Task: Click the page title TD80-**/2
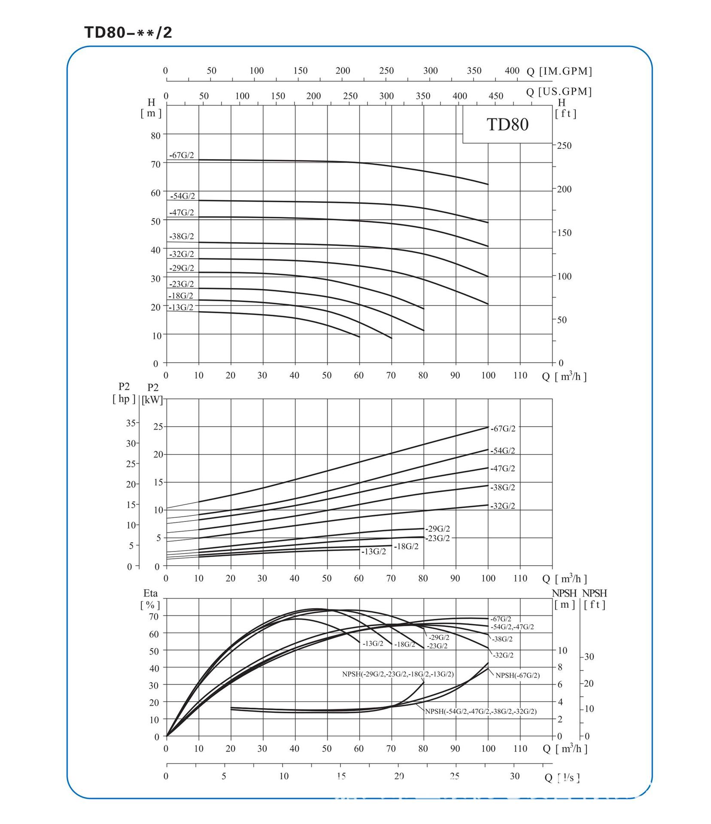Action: click(x=128, y=33)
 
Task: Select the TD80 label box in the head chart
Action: click(x=507, y=124)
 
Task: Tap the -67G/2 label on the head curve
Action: click(x=182, y=155)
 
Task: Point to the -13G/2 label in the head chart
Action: click(x=181, y=307)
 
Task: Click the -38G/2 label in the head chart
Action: click(x=182, y=236)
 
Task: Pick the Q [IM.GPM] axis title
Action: click(x=559, y=71)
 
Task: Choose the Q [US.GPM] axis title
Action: click(x=559, y=92)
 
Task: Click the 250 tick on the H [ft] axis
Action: click(x=564, y=146)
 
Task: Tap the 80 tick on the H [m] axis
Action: click(x=155, y=136)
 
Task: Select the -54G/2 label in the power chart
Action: click(x=503, y=451)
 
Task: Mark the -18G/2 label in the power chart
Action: click(x=406, y=546)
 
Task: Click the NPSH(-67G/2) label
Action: click(x=517, y=675)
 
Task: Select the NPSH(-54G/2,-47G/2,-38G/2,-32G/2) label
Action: click(x=481, y=711)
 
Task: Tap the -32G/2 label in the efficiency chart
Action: click(x=503, y=655)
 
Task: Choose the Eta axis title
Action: click(x=150, y=594)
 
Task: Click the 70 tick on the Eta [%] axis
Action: click(x=154, y=616)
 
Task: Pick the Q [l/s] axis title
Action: click(x=562, y=777)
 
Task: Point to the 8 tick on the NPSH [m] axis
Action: click(x=560, y=667)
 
